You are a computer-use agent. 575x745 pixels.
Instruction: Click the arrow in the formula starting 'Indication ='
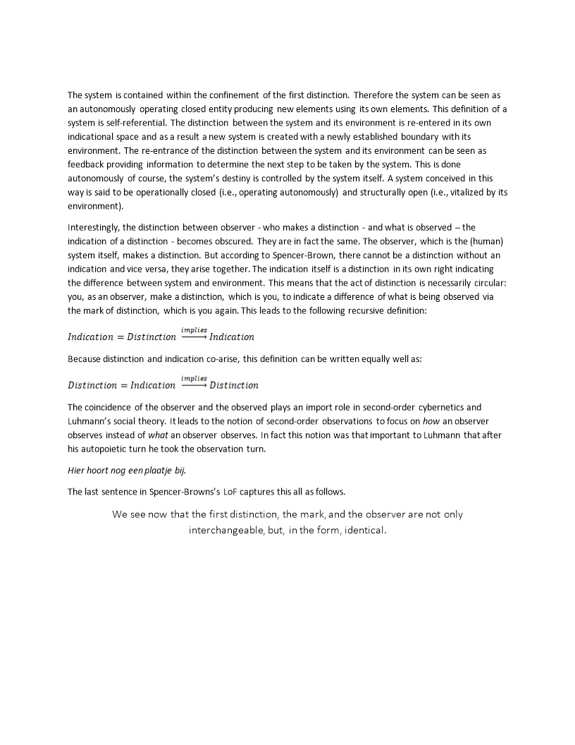pyautogui.click(x=194, y=337)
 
